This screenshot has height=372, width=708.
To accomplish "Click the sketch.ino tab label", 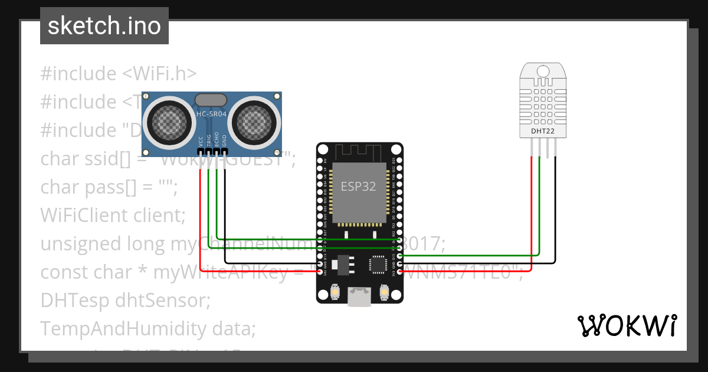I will (104, 26).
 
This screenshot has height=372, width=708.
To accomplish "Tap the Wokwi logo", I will (627, 325).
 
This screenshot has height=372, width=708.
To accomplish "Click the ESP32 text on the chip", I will (358, 186).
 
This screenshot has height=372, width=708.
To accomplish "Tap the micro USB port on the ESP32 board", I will (359, 296).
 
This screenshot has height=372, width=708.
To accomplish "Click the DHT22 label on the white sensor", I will (542, 130).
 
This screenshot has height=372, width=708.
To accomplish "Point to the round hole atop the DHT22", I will (543, 71).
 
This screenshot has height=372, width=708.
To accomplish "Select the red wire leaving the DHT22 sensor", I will (532, 207).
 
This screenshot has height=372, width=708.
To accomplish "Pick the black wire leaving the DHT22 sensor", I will (555, 207).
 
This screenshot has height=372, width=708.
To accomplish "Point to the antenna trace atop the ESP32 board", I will (359, 152).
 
